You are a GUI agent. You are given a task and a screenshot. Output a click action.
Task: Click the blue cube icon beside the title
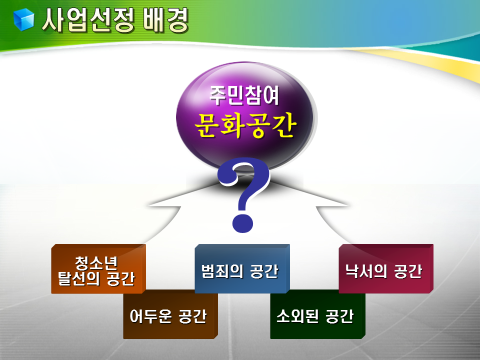tap(23, 19)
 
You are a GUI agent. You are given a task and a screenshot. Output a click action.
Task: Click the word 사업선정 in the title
tap(88, 20)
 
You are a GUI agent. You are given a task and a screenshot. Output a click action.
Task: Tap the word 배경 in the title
tap(165, 20)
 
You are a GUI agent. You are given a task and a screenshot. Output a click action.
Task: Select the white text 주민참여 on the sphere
tap(244, 96)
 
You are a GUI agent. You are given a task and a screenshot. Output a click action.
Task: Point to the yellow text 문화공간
tap(245, 125)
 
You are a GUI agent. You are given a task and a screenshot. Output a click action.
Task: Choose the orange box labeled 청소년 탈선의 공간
tap(98, 269)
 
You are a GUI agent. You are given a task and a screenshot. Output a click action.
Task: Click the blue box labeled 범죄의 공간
tap(242, 268)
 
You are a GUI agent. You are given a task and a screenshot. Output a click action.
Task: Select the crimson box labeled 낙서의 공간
tap(386, 268)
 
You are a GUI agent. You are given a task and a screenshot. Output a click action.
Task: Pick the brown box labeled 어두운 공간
tap(170, 315)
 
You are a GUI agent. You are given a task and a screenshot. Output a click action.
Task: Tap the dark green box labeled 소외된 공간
tap(318, 315)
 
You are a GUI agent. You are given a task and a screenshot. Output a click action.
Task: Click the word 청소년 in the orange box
tap(96, 262)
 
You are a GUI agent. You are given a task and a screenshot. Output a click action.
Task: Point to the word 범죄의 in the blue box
tap(222, 271)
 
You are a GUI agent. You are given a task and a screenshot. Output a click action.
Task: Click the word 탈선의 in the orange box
tap(79, 278)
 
